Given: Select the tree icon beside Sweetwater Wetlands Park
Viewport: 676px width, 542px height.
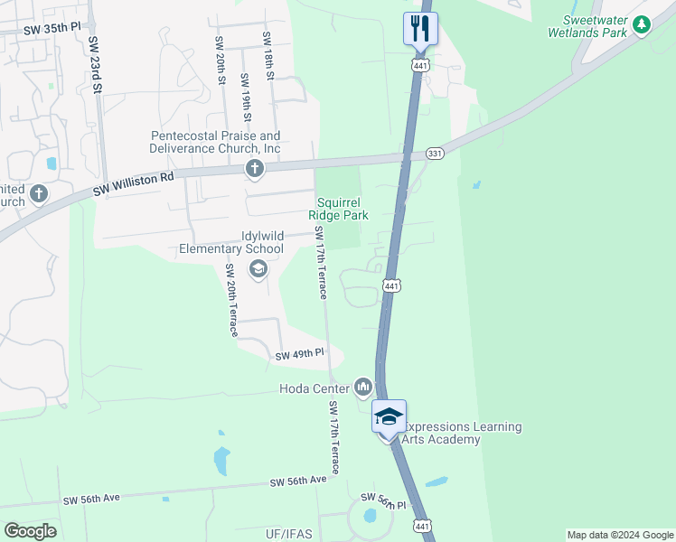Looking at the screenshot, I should tap(642, 24).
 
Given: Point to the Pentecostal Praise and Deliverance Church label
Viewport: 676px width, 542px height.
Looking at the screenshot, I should tap(215, 142).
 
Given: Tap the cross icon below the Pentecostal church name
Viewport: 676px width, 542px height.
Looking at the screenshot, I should tap(255, 168).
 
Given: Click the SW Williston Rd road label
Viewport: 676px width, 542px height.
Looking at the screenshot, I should tap(133, 185).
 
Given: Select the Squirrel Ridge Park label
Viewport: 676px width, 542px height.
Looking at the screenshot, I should tap(338, 209).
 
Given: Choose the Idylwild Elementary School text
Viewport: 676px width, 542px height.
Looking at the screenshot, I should tap(231, 242).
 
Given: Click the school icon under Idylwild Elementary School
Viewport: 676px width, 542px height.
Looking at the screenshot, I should tap(258, 267).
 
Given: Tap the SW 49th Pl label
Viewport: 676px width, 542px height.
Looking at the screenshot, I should tap(300, 355).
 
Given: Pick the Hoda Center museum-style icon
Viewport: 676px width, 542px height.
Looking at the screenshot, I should tap(363, 388).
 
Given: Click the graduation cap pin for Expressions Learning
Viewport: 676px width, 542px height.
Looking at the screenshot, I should tap(389, 417).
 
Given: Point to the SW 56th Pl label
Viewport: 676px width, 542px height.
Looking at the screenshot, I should tap(384, 500).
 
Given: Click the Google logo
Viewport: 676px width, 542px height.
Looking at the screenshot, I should tap(30, 531).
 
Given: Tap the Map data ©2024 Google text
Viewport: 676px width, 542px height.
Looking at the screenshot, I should tap(619, 535).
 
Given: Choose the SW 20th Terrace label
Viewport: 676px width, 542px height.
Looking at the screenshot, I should tap(230, 301).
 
